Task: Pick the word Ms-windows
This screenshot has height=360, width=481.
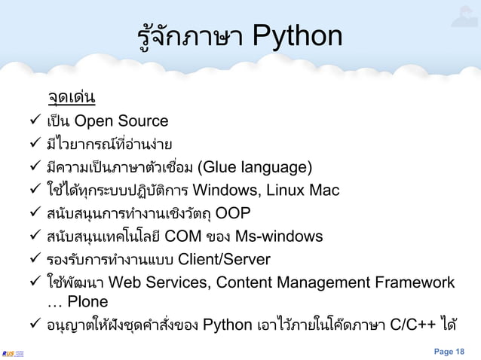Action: click(x=279, y=237)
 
